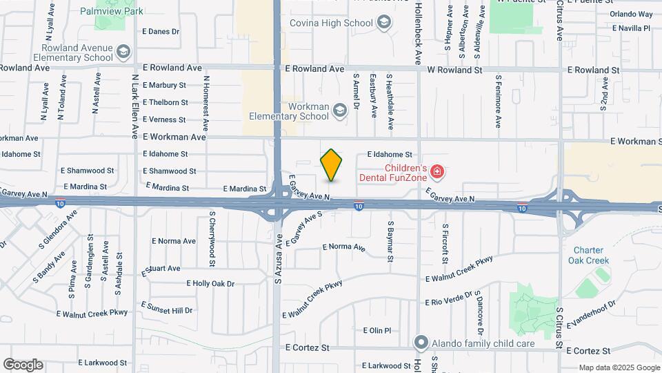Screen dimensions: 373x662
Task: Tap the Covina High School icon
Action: click(x=384, y=23)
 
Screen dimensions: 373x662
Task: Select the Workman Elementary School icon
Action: click(x=339, y=110)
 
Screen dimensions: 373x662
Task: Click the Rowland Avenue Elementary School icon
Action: click(x=123, y=52)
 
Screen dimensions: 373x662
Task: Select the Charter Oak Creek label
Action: click(x=588, y=256)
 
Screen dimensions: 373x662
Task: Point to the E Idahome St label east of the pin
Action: click(x=390, y=155)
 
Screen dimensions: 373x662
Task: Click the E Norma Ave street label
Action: click(x=343, y=247)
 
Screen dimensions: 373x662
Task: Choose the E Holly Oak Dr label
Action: click(x=210, y=283)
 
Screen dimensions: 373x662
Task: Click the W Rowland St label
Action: click(x=454, y=70)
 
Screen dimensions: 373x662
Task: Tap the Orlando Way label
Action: click(x=631, y=14)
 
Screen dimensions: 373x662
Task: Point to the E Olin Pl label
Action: click(x=377, y=331)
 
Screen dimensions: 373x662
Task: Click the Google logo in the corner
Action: click(x=23, y=365)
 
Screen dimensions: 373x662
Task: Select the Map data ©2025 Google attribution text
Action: click(x=619, y=367)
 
